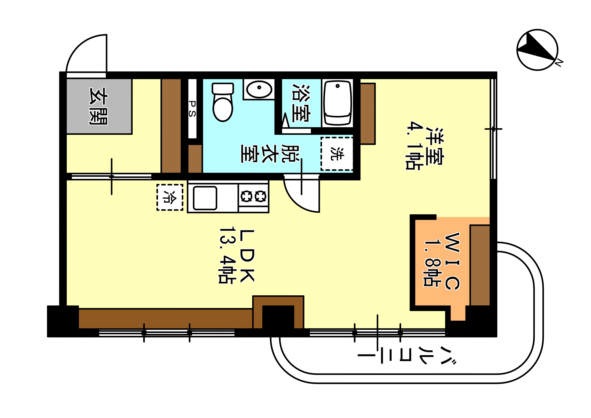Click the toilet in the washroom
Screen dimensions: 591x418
tap(223, 102)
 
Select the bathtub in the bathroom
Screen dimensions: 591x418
tap(338, 103)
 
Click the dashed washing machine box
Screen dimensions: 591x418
tap(337, 154)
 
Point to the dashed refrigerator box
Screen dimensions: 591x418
tap(170, 197)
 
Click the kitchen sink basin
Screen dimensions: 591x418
tap(205, 198)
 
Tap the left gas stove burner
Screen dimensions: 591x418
tap(246, 197)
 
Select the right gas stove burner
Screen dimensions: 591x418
tap(261, 197)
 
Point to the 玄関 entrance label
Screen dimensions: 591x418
tap(98, 106)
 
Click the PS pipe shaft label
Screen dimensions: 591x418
tap(192, 109)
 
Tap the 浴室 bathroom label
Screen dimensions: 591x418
tap(301, 103)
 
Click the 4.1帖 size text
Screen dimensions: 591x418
tap(414, 146)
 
